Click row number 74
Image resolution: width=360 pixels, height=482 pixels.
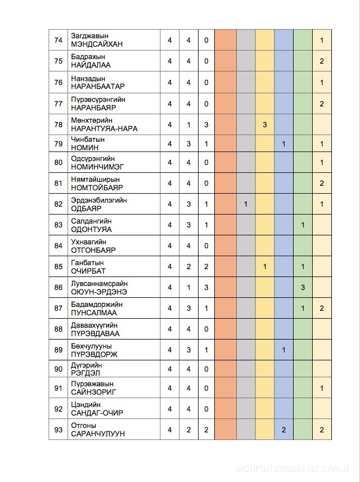click(58, 40)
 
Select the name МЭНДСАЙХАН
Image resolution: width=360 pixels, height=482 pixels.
click(97, 44)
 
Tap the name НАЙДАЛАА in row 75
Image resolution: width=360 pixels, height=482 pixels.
click(91, 65)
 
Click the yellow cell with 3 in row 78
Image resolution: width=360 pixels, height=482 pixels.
click(264, 124)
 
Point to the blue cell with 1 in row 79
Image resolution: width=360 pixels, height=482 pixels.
click(284, 144)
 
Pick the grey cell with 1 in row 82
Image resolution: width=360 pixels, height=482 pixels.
click(246, 203)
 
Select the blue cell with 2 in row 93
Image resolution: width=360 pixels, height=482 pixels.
click(284, 430)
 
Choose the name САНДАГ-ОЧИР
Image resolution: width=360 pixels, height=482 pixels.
click(97, 413)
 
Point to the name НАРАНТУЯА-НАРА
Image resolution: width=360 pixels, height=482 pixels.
click(104, 128)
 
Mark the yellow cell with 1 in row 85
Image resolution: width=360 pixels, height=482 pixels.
click(264, 266)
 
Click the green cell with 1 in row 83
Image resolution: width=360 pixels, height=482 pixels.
click(303, 225)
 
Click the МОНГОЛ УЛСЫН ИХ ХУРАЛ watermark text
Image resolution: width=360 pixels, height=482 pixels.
click(292, 468)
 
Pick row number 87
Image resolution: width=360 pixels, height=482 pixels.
click(58, 308)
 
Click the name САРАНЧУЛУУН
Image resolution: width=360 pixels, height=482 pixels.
click(97, 434)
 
